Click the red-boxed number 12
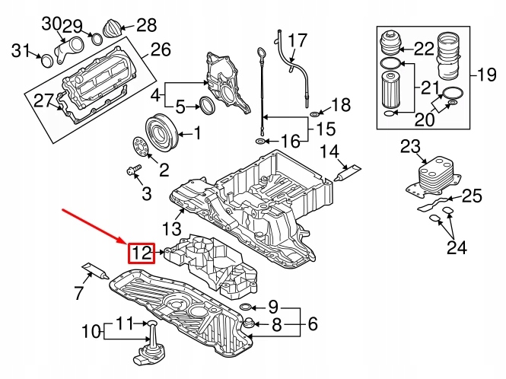(x=142, y=253)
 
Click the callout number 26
(x=161, y=51)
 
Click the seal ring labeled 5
(x=205, y=105)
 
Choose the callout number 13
(x=172, y=228)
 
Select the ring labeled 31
(x=47, y=59)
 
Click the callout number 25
(x=472, y=197)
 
